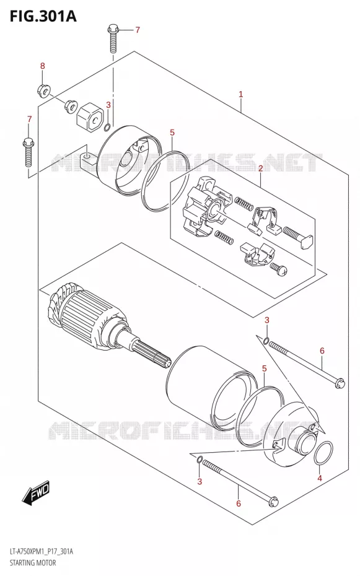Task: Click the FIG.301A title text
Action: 43,16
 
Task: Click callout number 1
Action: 240,94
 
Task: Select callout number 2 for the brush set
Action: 260,168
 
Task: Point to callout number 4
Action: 320,478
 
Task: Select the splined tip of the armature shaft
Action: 151,354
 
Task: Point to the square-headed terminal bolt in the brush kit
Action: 297,237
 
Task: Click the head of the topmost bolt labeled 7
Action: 112,28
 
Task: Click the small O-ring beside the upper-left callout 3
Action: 107,128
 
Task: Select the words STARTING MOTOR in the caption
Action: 31,563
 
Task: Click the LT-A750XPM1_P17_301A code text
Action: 40,551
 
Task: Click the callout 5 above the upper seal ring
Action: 172,133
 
